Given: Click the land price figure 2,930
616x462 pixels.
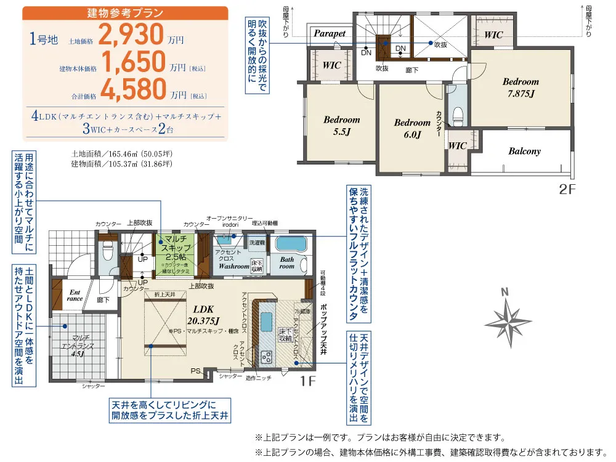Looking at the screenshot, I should (x=131, y=36).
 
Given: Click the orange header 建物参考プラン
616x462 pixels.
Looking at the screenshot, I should (x=125, y=13).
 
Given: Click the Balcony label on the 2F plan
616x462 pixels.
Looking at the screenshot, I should (x=525, y=151).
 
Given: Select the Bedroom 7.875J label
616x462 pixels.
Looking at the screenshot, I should (x=521, y=87).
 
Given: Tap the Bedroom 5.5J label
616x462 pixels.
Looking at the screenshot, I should (x=341, y=126).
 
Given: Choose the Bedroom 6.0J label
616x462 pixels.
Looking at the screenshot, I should (x=412, y=129).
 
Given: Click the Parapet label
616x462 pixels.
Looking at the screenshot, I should (x=330, y=34).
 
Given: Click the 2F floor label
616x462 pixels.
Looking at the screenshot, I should (x=567, y=190).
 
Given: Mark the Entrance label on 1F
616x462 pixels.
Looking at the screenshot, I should (x=75, y=294).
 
